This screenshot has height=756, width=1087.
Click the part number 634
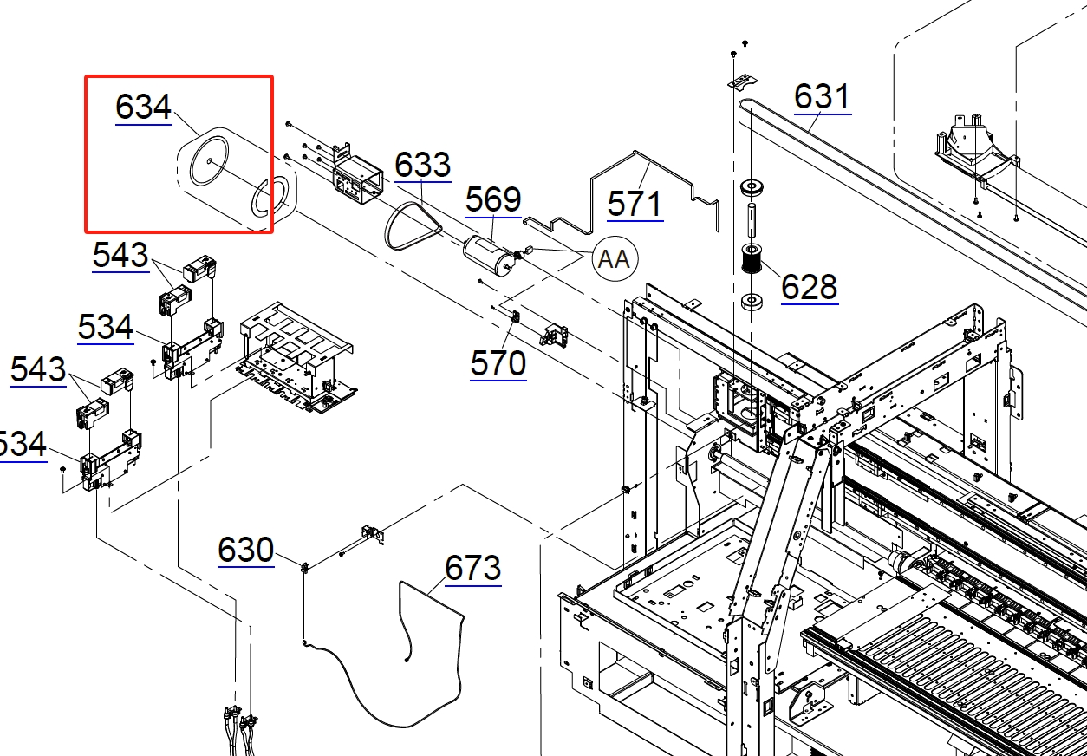click(x=144, y=107)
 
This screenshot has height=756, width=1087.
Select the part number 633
click(x=423, y=165)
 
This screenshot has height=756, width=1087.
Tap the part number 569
click(x=493, y=199)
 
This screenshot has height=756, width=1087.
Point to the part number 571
click(x=635, y=204)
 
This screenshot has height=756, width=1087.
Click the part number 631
click(x=823, y=96)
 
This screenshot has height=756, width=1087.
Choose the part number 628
click(x=810, y=286)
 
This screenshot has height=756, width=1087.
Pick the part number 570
click(x=498, y=363)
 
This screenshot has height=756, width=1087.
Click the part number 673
click(x=472, y=568)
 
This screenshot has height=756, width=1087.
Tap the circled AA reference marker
click(x=615, y=258)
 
